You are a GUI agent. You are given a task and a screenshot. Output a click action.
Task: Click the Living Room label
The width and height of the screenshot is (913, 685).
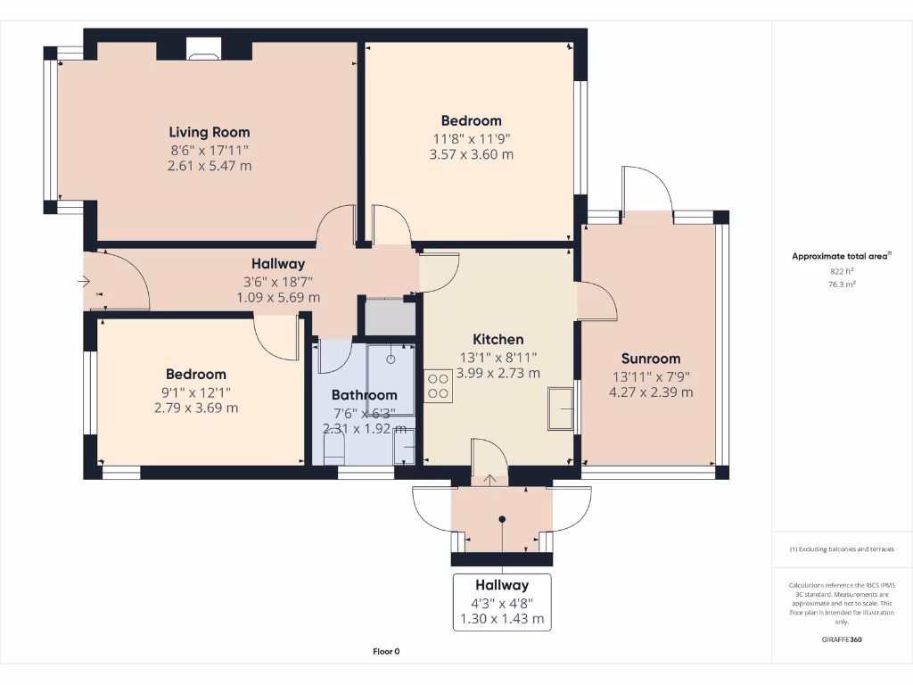[210, 132]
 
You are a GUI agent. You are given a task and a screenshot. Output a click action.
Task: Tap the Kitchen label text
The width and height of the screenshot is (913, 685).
[498, 339]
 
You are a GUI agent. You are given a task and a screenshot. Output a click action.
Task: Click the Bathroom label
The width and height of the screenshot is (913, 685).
[364, 395]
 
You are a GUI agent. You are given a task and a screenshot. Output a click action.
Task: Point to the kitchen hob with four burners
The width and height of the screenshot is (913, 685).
[439, 385]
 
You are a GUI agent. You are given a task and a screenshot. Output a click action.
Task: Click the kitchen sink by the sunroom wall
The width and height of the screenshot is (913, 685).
[561, 409]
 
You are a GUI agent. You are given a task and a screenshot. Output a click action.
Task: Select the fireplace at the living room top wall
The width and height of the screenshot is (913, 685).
[203, 50]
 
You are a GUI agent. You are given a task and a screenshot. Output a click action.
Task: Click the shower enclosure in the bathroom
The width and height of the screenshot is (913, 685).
[391, 379]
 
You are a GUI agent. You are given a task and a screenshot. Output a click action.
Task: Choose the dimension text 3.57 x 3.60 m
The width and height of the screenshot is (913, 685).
[471, 154]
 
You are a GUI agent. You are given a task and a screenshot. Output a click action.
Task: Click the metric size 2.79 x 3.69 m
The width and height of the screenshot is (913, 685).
[195, 409]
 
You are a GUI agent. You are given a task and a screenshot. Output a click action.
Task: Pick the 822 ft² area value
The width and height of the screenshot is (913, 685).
[842, 271]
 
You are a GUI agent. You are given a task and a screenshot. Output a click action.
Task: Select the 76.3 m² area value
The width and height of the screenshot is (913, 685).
[842, 285]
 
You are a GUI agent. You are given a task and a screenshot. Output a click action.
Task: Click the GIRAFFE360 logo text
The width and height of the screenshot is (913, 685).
[842, 640]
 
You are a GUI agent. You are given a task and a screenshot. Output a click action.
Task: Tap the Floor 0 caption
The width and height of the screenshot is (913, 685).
[386, 652]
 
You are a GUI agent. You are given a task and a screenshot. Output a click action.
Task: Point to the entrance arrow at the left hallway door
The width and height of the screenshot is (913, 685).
[86, 283]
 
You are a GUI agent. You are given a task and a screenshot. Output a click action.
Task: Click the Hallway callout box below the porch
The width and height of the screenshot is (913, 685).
[502, 602]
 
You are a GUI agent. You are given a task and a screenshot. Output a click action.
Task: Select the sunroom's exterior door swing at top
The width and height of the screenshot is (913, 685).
[644, 189]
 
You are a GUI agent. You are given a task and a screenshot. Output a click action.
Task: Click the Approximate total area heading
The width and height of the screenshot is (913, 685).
[841, 256]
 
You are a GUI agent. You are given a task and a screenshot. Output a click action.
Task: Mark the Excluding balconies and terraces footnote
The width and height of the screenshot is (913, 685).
[842, 549]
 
